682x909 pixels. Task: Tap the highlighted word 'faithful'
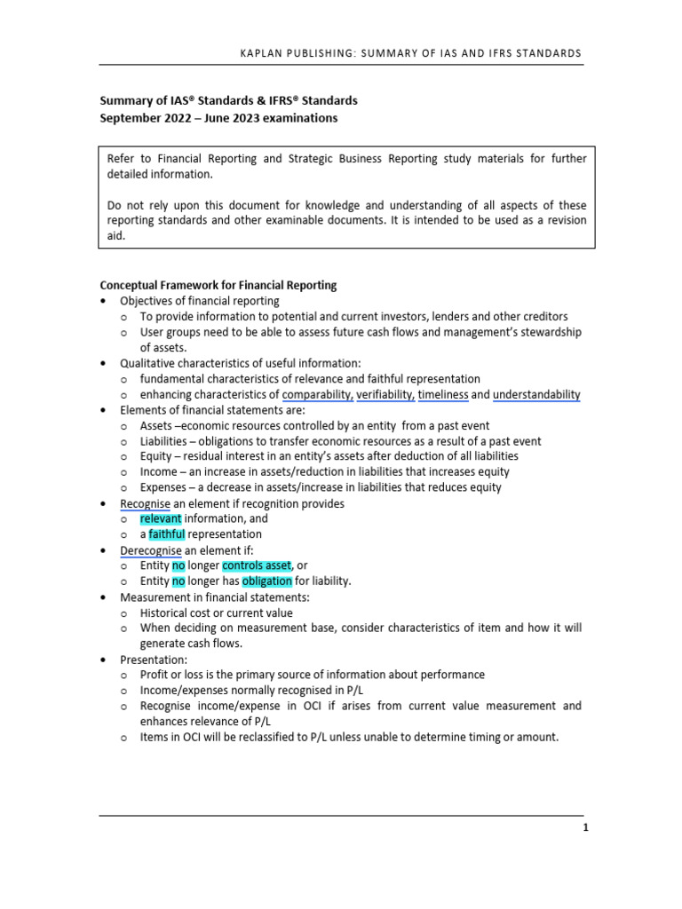click(167, 534)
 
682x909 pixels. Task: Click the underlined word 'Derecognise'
click(150, 549)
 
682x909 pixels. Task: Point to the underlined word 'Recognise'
click(146, 503)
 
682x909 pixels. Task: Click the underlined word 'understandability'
click(536, 394)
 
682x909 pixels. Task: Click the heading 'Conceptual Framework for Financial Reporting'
click(218, 285)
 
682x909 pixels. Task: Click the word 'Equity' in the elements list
click(156, 456)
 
